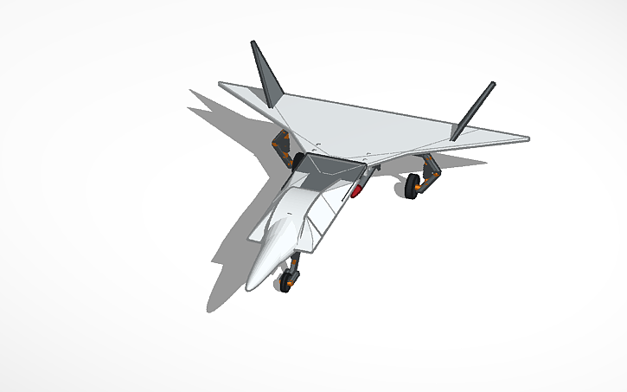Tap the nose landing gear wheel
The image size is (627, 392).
pyautogui.click(x=285, y=283)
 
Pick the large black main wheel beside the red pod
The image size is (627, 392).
pyautogui.click(x=413, y=184)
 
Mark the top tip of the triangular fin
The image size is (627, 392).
pyautogui.click(x=253, y=42)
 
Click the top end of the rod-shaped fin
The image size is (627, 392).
pyautogui.click(x=494, y=84)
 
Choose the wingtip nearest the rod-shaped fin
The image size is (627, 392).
pyautogui.click(x=527, y=138)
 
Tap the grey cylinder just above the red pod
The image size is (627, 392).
pyautogui.click(x=364, y=177)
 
